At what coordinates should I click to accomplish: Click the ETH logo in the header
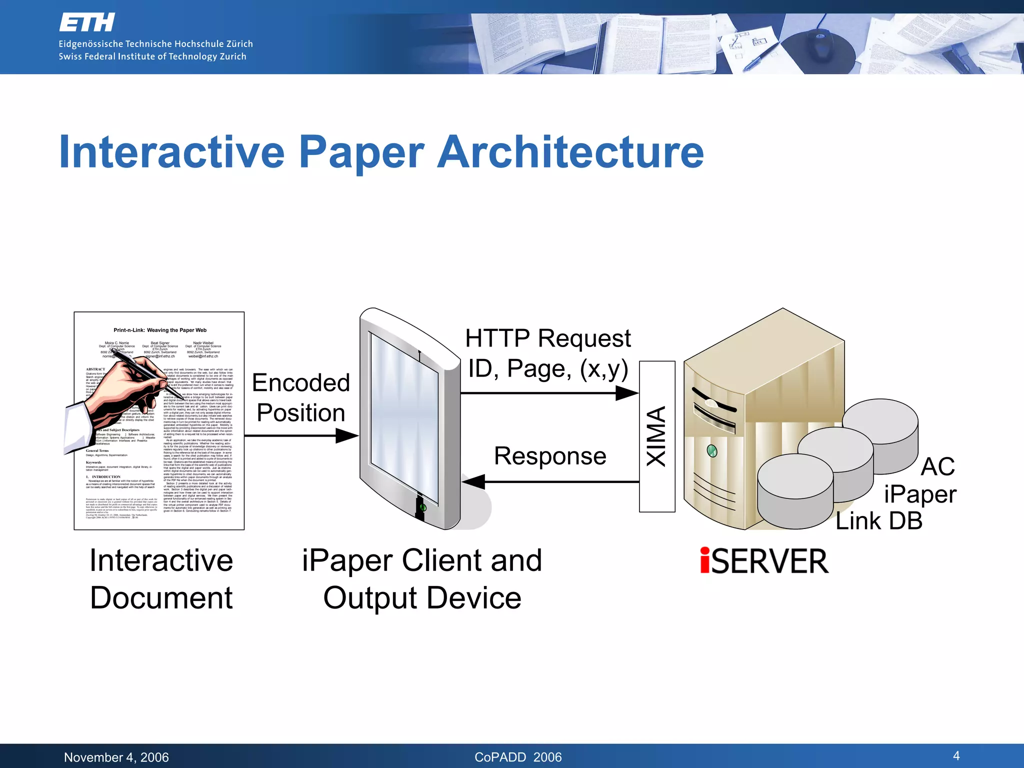pos(87,22)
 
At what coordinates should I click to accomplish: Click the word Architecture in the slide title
pos(570,152)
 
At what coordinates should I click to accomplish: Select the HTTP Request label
pos(548,338)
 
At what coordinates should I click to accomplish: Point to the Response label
pos(550,456)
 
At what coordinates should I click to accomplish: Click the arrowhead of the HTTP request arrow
pos(627,393)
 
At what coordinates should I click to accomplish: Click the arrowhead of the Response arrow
pos(473,482)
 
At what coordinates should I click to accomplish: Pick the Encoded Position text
pos(300,398)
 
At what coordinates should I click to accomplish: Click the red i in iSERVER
pos(705,560)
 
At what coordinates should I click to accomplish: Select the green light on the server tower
pos(712,451)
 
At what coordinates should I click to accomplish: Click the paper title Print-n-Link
pos(159,330)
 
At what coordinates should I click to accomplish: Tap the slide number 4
pos(956,755)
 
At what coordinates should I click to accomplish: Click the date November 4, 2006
pos(116,757)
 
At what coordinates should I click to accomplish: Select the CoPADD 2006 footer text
pos(518,757)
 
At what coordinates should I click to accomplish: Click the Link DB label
pos(879,521)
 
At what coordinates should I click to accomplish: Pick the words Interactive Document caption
pos(161,579)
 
